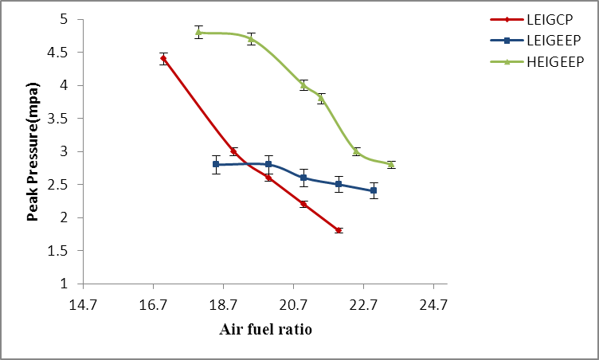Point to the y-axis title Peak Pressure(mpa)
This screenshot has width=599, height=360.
click(33, 151)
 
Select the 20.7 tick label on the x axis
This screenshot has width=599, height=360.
click(294, 304)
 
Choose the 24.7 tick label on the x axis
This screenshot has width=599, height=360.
click(434, 304)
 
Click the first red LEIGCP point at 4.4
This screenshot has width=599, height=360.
click(163, 58)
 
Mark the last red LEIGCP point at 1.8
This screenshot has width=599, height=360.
click(339, 230)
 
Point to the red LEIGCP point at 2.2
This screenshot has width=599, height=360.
click(303, 204)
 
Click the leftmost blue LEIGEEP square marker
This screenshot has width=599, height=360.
click(216, 164)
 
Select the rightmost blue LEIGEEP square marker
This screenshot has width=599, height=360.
click(374, 190)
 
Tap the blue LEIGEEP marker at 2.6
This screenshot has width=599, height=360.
click(303, 178)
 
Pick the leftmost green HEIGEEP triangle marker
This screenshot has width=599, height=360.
click(198, 33)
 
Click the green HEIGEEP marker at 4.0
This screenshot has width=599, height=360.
click(303, 85)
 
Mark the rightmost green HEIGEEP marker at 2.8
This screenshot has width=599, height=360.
click(391, 164)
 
